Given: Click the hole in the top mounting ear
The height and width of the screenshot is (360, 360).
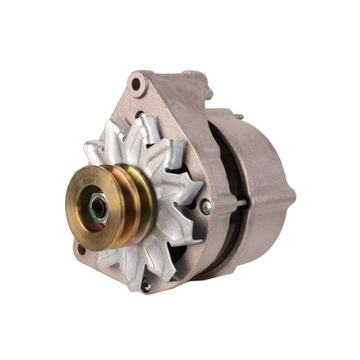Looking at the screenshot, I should pos(136,85).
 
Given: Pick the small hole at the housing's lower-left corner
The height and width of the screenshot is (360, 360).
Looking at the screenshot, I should pos(82,249).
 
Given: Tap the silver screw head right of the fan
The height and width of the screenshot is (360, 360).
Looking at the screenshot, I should pos(206,206).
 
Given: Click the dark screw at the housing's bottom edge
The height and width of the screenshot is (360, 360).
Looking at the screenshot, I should pos(145,283).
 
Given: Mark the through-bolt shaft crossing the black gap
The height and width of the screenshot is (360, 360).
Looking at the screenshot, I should pos(239,202).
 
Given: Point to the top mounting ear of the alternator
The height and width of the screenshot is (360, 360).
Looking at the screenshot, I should pos(138,87).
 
